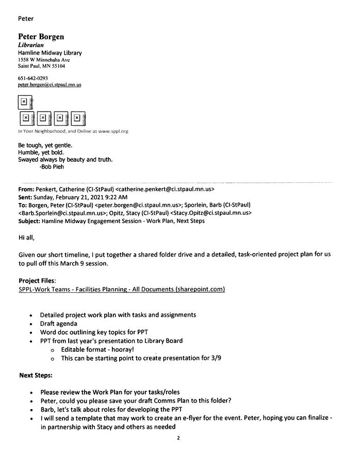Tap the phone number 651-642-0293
(33, 78)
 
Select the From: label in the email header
(27, 190)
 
